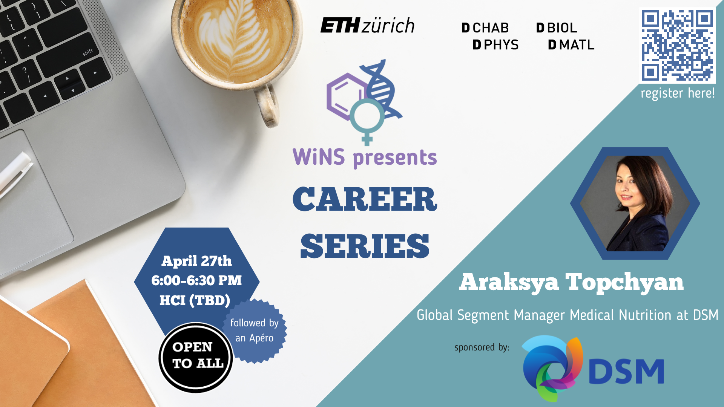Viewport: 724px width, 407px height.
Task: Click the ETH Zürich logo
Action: [x=367, y=26]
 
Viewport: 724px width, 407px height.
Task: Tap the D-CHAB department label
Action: [x=485, y=28]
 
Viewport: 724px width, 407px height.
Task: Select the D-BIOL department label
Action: [x=557, y=28]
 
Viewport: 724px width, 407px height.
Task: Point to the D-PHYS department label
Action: [x=495, y=45]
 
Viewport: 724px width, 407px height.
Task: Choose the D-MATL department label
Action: [x=571, y=45]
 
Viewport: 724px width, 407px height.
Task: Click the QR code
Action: [x=677, y=46]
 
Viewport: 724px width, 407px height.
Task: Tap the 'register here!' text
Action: [x=678, y=93]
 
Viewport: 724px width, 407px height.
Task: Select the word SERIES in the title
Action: [x=365, y=246]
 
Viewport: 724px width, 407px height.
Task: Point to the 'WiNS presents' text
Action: [x=365, y=158]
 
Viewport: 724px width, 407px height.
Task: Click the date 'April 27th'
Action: [x=196, y=261]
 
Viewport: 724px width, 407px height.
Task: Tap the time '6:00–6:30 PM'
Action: [x=196, y=280]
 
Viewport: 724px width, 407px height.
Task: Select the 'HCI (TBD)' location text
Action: [x=195, y=300]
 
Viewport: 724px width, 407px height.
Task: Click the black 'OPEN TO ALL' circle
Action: [x=196, y=358]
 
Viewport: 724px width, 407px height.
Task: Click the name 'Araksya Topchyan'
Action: [x=571, y=282]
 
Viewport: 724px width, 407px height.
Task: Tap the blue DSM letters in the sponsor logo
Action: [x=626, y=371]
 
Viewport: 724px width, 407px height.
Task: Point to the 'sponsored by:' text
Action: [x=482, y=347]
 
